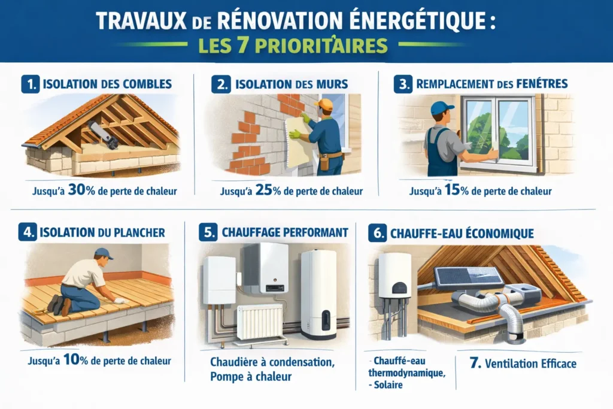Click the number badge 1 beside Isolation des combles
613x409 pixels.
[31, 84]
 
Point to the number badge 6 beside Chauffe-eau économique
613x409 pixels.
[378, 233]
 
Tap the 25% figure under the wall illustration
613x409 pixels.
[268, 190]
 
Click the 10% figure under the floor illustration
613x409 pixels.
[75, 359]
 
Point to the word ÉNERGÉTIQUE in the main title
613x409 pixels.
[415, 22]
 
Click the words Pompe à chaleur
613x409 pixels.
[251, 377]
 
